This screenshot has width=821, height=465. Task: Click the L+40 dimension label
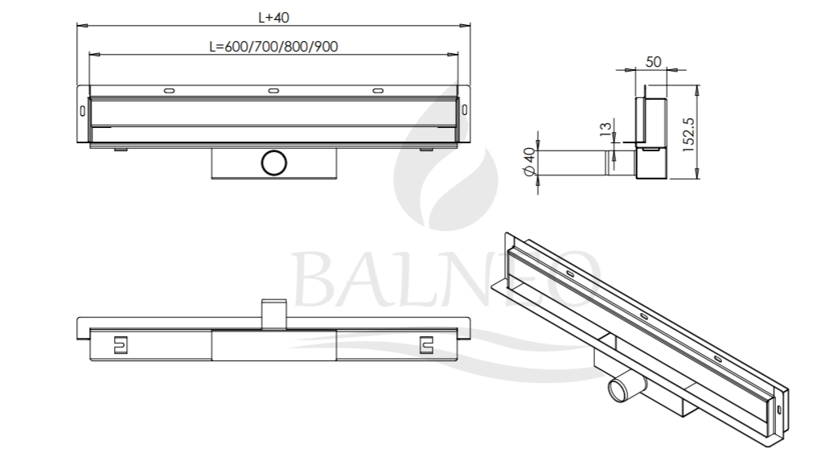point(273,17)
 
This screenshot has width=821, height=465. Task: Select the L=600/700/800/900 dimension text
point(273,47)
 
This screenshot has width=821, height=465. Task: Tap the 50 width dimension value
point(653,62)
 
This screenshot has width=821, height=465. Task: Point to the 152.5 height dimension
point(688,134)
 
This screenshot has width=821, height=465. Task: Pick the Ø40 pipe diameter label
point(529,162)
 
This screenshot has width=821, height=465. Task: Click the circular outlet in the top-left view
point(274,163)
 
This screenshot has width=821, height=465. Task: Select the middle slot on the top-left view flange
point(273,91)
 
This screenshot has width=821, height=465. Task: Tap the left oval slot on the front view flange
point(169,91)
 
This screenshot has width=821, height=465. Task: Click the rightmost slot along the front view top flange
point(377,91)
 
